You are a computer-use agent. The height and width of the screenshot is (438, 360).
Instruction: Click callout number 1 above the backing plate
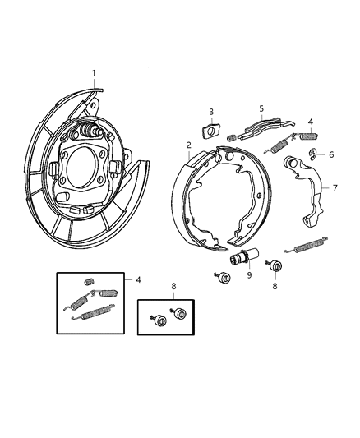(93, 73)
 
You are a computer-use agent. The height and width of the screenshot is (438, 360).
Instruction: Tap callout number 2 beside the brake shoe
(188, 145)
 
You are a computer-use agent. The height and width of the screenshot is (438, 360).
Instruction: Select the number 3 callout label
(210, 111)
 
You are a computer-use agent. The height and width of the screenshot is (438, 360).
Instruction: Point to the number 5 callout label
(261, 108)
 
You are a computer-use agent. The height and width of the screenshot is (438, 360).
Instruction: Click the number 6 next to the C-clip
(331, 154)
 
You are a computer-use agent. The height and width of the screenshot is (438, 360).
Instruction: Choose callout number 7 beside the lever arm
(335, 188)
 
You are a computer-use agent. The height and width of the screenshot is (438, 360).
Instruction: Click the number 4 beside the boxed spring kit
(138, 280)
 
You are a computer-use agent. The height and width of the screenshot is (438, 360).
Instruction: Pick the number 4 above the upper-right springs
(310, 121)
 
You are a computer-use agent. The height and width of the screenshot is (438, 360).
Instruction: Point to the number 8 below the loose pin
(275, 287)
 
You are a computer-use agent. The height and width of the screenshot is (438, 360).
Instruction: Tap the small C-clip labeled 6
(314, 154)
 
